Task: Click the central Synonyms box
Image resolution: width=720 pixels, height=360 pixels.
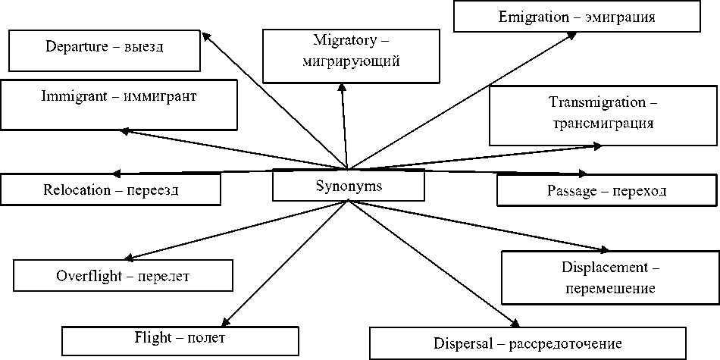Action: (x=349, y=186)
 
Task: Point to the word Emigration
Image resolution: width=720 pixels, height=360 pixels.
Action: (x=529, y=15)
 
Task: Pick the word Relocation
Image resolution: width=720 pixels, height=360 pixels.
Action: (x=77, y=189)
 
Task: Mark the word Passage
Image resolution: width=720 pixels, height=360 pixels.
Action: (x=573, y=191)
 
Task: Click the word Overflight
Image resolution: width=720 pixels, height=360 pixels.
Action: (x=86, y=276)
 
